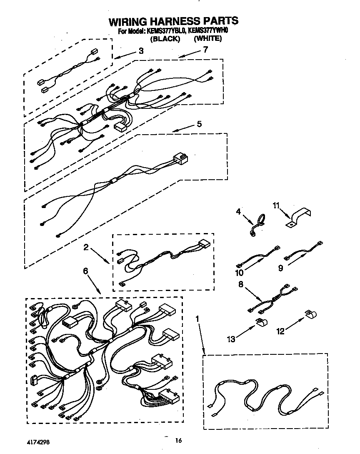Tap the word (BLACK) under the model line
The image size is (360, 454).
[x=166, y=39]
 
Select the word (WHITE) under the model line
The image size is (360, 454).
[x=207, y=39]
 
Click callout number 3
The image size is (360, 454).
[x=141, y=51]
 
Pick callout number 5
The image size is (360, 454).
[x=200, y=124]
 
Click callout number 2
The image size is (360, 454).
[x=85, y=247]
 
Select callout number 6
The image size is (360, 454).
[x=85, y=271]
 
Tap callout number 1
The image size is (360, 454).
[x=197, y=319]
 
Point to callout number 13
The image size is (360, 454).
[x=230, y=339]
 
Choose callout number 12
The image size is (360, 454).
[x=280, y=331]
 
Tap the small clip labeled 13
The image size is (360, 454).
[x=261, y=322]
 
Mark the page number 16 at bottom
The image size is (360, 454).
[x=179, y=440]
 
